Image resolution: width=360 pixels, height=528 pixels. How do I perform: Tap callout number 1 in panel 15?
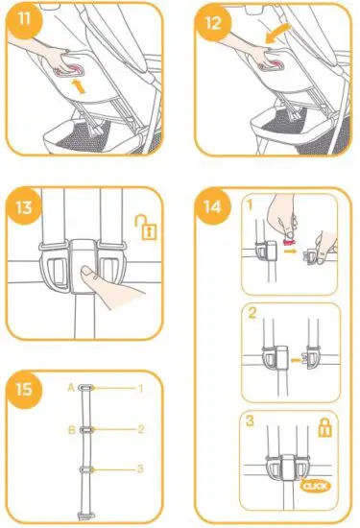point(139,388)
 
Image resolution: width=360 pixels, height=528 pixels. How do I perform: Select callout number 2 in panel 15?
point(139,430)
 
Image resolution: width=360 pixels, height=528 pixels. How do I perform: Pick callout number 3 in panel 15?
point(139,468)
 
